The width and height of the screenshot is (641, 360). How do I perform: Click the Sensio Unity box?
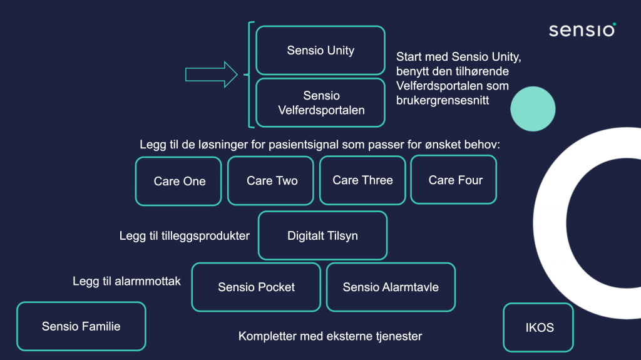320,50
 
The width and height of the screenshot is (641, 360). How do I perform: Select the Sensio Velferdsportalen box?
320,103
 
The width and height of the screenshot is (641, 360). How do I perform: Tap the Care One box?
178,181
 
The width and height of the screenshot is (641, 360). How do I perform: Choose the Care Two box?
270,180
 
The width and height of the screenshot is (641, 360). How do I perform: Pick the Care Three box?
362,180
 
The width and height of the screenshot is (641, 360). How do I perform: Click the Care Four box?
454,180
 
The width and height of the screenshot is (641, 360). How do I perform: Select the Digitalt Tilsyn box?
322,235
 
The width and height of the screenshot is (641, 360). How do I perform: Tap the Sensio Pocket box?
256,287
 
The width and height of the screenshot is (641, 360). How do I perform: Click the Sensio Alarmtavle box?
391,287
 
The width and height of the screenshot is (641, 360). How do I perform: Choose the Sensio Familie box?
81,326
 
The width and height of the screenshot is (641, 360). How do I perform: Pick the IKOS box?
538,327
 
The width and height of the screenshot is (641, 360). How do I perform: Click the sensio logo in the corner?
583,30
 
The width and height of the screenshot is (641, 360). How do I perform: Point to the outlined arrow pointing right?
212,75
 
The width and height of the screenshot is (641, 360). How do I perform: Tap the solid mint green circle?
533,109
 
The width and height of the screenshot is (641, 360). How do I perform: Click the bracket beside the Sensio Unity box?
249,75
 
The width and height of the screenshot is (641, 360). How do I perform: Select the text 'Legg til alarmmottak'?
126,282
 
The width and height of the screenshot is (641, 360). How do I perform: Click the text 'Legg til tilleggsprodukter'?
185,236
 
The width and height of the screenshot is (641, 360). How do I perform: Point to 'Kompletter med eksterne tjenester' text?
330,336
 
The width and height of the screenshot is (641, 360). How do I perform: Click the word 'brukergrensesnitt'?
443,101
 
